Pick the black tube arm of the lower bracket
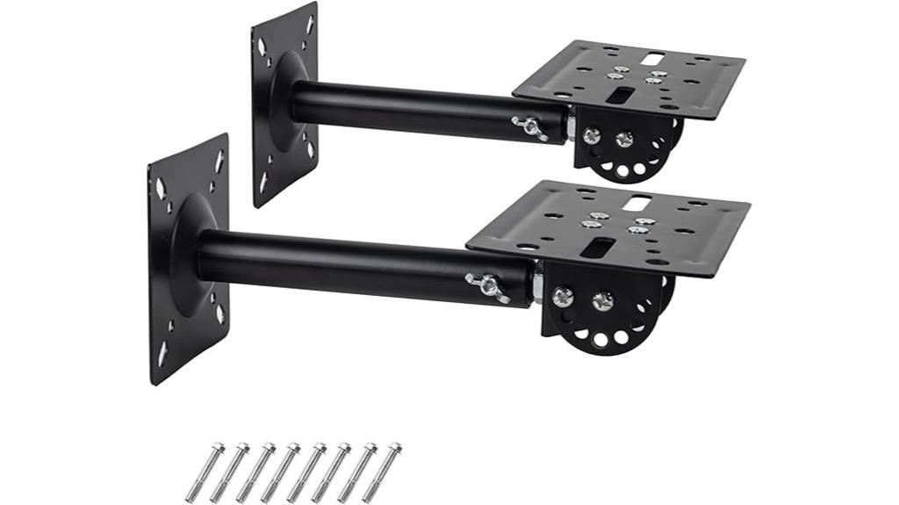click(351, 268)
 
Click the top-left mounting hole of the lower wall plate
click(161, 188)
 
